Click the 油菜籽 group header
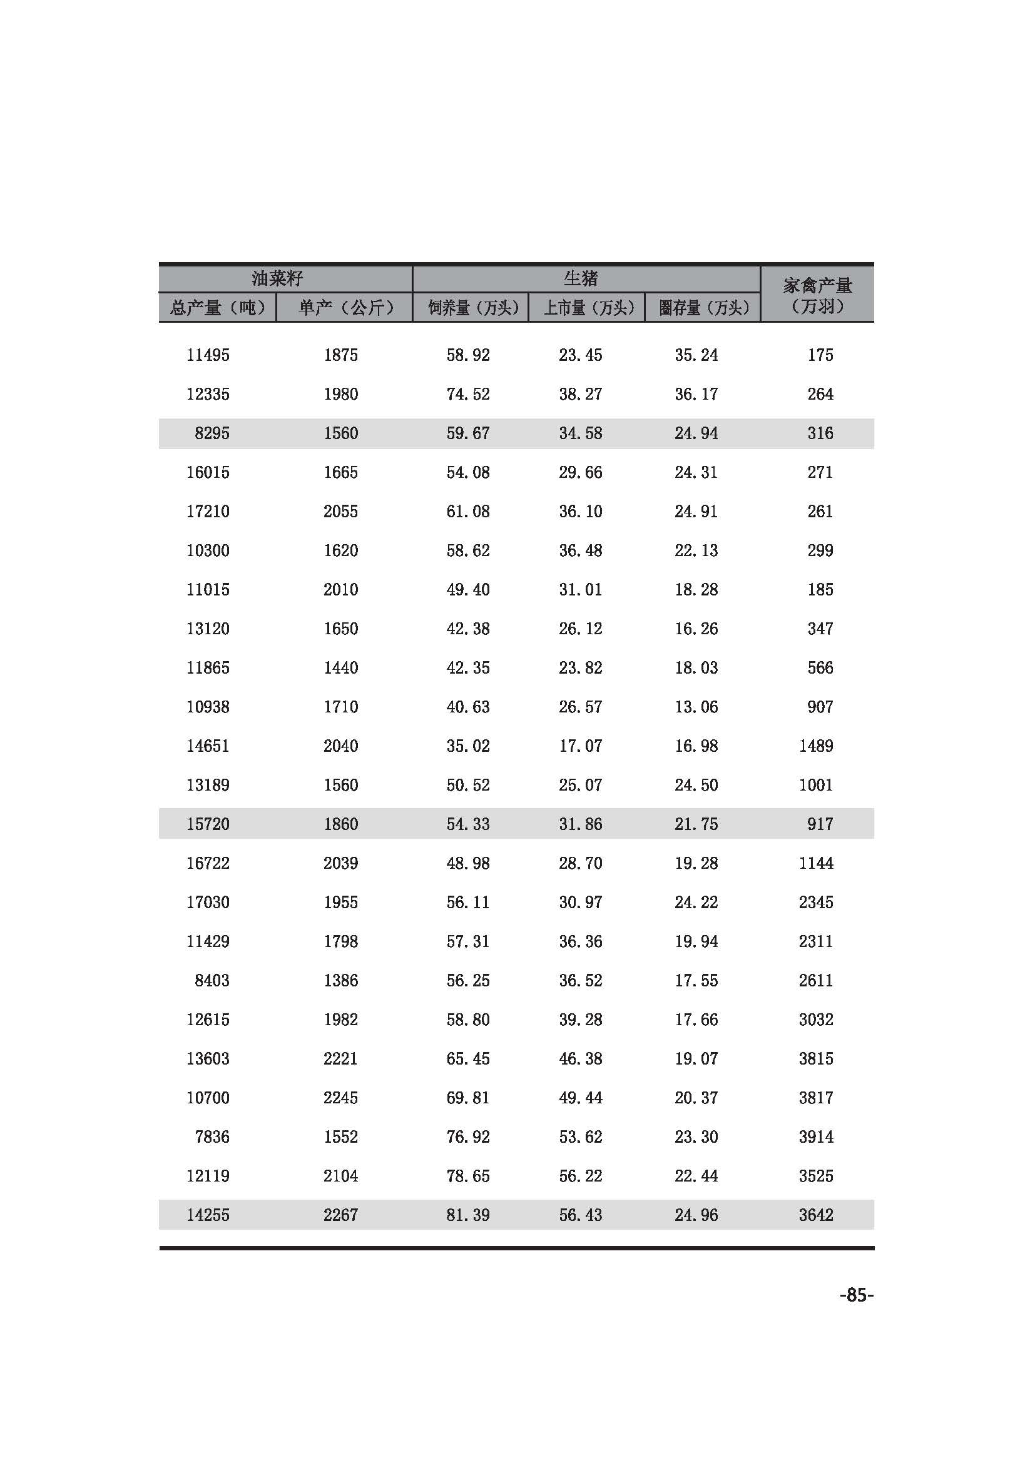click(277, 278)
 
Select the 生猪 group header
click(581, 278)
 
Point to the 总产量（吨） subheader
click(217, 308)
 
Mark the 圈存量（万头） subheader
click(703, 308)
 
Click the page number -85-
click(856, 1295)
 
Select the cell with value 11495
click(208, 355)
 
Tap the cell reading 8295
click(212, 433)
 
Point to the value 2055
click(340, 512)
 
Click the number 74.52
click(468, 395)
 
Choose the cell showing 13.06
click(696, 707)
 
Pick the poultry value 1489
click(816, 746)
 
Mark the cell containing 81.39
click(468, 1215)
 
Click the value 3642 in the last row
click(816, 1215)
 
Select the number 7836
click(212, 1136)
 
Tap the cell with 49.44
click(581, 1098)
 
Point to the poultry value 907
click(820, 707)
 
